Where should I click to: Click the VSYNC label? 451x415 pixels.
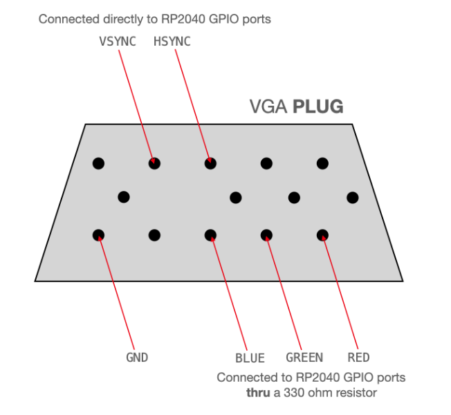tap(118, 41)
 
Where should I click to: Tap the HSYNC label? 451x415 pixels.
tap(172, 41)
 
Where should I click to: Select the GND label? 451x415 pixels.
tap(137, 358)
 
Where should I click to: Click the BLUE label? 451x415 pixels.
tap(250, 358)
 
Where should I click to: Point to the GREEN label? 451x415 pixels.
tap(304, 358)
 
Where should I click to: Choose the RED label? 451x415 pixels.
tap(358, 358)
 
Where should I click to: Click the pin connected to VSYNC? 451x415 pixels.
tap(154, 163)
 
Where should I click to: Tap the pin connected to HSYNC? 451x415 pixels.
tap(210, 163)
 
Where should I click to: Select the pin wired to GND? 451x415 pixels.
tap(98, 235)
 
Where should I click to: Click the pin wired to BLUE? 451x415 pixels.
tap(210, 235)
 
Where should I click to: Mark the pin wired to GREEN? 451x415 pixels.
tap(266, 235)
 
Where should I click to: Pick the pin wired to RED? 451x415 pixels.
tap(322, 235)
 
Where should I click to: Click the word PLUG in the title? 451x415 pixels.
tap(318, 107)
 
